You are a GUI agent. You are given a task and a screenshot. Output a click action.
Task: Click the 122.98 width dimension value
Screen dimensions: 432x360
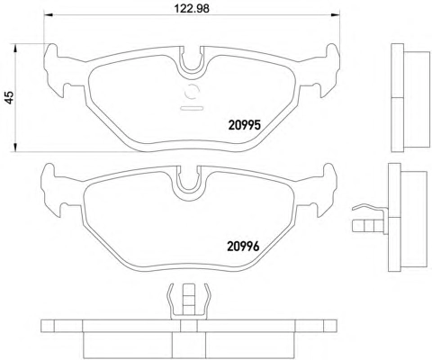(192, 8)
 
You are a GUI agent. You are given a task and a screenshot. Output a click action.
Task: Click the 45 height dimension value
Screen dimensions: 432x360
(10, 97)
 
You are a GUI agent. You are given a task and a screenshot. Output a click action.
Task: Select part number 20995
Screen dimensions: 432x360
(245, 125)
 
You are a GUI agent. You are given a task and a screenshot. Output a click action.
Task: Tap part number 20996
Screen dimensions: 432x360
(243, 247)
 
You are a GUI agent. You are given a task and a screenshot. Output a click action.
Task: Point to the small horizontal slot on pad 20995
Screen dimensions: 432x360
(192, 108)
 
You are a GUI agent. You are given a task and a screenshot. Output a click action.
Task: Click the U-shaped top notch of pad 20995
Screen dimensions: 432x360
(192, 61)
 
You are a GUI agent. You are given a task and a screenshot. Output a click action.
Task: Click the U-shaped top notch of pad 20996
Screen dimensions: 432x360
(188, 182)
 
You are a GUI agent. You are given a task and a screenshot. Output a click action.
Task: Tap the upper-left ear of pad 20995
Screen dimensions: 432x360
(51, 51)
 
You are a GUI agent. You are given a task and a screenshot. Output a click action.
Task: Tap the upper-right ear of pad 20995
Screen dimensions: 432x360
(333, 51)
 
